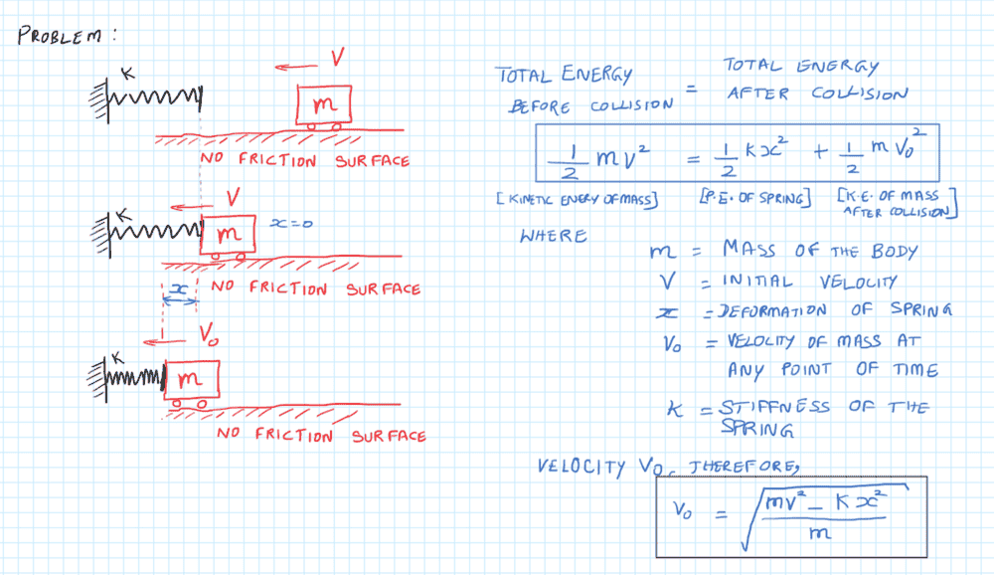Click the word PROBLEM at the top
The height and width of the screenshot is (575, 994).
63,37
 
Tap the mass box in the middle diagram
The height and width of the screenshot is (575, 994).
229,235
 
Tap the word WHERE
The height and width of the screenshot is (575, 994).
554,237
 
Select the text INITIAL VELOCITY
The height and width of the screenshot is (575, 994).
805,282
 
